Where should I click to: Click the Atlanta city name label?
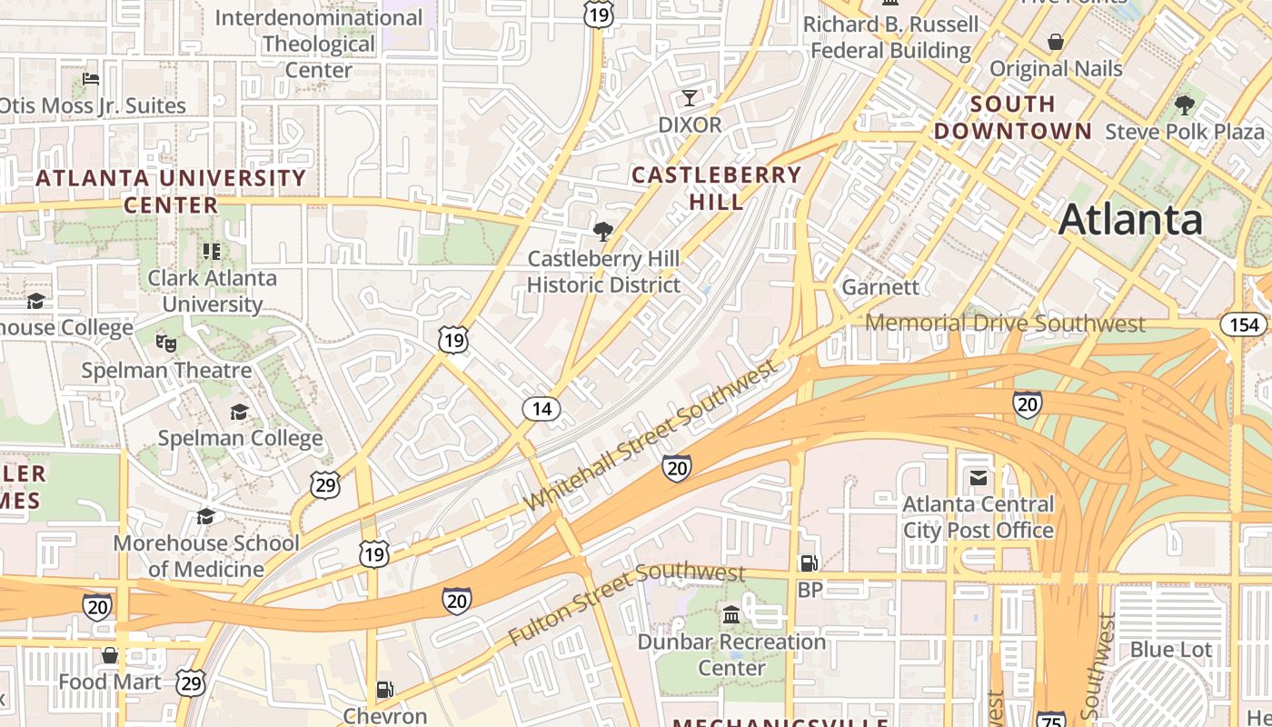1130,219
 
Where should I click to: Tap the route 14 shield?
542,409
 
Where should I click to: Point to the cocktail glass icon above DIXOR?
690,98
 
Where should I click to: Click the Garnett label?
880,287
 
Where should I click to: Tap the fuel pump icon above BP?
809,563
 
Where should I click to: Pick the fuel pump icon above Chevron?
385,690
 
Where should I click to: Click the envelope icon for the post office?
979,477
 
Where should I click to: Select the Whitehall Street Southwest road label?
652,434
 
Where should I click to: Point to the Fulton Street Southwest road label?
627,603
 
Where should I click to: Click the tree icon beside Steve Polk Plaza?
1185,105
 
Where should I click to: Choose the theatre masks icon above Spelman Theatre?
165,343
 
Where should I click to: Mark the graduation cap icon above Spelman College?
239,412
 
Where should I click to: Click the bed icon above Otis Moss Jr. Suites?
91,79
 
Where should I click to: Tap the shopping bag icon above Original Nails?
1056,42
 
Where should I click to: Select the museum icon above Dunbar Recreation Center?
731,616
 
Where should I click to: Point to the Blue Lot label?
1170,650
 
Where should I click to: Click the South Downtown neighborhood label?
1012,117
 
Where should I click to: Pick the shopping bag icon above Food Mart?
110,655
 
